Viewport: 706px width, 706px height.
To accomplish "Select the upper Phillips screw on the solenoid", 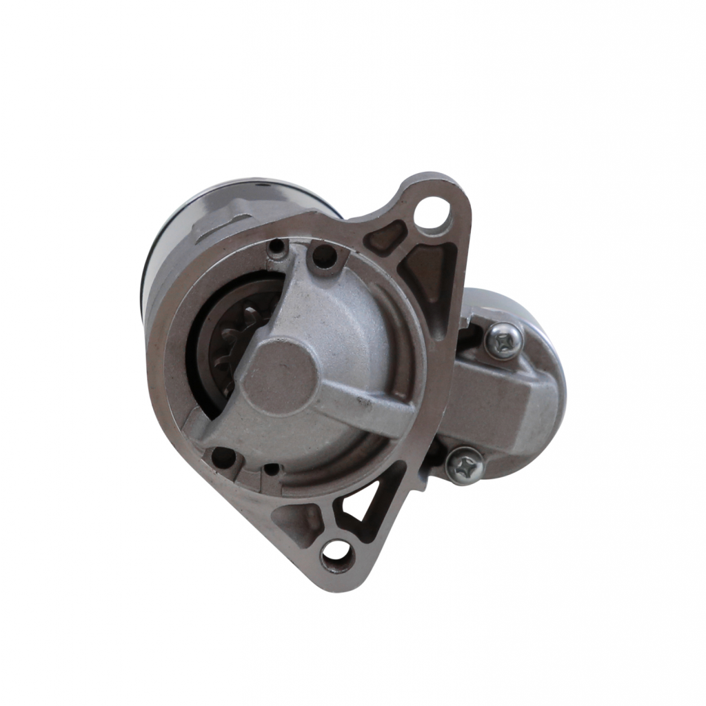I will click(x=503, y=339).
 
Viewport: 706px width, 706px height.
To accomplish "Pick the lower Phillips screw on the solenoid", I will click(x=464, y=465).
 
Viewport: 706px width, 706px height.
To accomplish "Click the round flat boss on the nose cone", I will click(x=279, y=376).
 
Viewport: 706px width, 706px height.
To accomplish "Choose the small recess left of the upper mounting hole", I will click(x=383, y=239).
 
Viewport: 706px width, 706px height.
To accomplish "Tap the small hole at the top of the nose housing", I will click(x=277, y=248).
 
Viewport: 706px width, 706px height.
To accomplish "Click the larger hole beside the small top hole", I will click(x=323, y=256).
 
